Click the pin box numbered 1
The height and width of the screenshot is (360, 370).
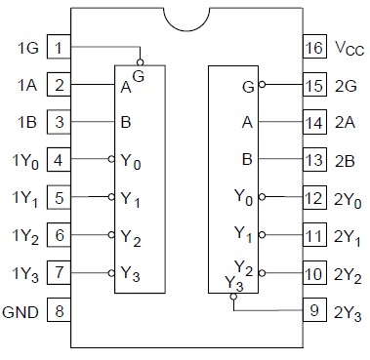pos(60,48)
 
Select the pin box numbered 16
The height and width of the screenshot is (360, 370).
pos(313,48)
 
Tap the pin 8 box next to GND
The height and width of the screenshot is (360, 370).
pos(60,313)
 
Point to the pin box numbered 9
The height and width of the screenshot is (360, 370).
pos(313,313)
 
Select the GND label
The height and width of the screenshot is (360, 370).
pos(22,313)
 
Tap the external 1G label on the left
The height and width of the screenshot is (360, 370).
pos(27,48)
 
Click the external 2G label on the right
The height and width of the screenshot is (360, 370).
pos(345,86)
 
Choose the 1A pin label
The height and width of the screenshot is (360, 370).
pos(27,86)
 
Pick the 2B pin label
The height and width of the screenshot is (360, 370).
pos(345,162)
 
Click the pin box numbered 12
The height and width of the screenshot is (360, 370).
pos(313,200)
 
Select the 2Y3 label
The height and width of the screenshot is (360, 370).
pos(347,313)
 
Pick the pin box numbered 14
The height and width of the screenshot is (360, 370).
pos(313,124)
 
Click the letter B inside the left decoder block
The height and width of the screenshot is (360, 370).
pos(126,124)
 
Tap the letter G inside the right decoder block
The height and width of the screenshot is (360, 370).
pos(249,86)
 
